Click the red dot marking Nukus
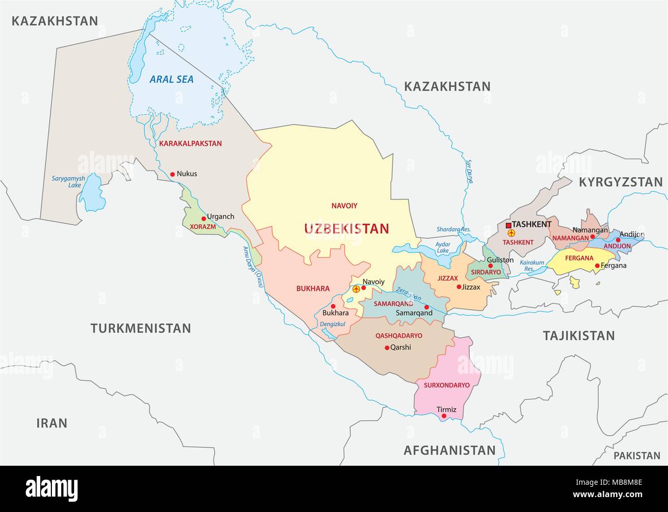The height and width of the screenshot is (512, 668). tap(172, 174)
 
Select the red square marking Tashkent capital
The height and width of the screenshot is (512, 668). tap(508, 225)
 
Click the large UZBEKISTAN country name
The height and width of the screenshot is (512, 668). tap(346, 228)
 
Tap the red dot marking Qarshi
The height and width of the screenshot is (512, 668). tap(387, 348)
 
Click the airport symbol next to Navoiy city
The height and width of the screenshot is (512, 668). tap(356, 289)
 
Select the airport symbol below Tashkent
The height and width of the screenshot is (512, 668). tap(511, 233)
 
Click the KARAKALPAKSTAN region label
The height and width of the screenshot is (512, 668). tap(191, 143)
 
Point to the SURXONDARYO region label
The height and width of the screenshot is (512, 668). tap(447, 385)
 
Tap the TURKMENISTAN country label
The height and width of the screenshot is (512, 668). tap(140, 328)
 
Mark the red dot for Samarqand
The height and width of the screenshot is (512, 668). tap(426, 307)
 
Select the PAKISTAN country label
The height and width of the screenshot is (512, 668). tap(637, 455)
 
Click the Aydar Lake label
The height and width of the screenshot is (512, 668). tap(442, 247)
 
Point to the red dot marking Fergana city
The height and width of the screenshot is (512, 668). tap(597, 266)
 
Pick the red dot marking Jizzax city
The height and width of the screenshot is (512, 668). tap(459, 287)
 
